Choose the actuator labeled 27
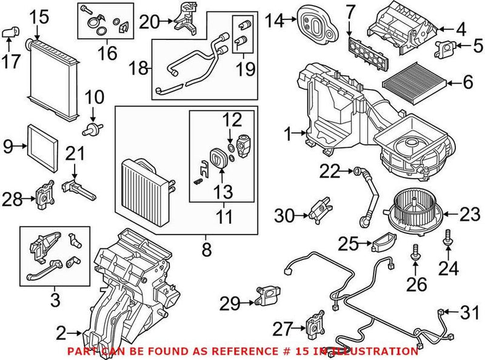pyautogui.click(x=316, y=321)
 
